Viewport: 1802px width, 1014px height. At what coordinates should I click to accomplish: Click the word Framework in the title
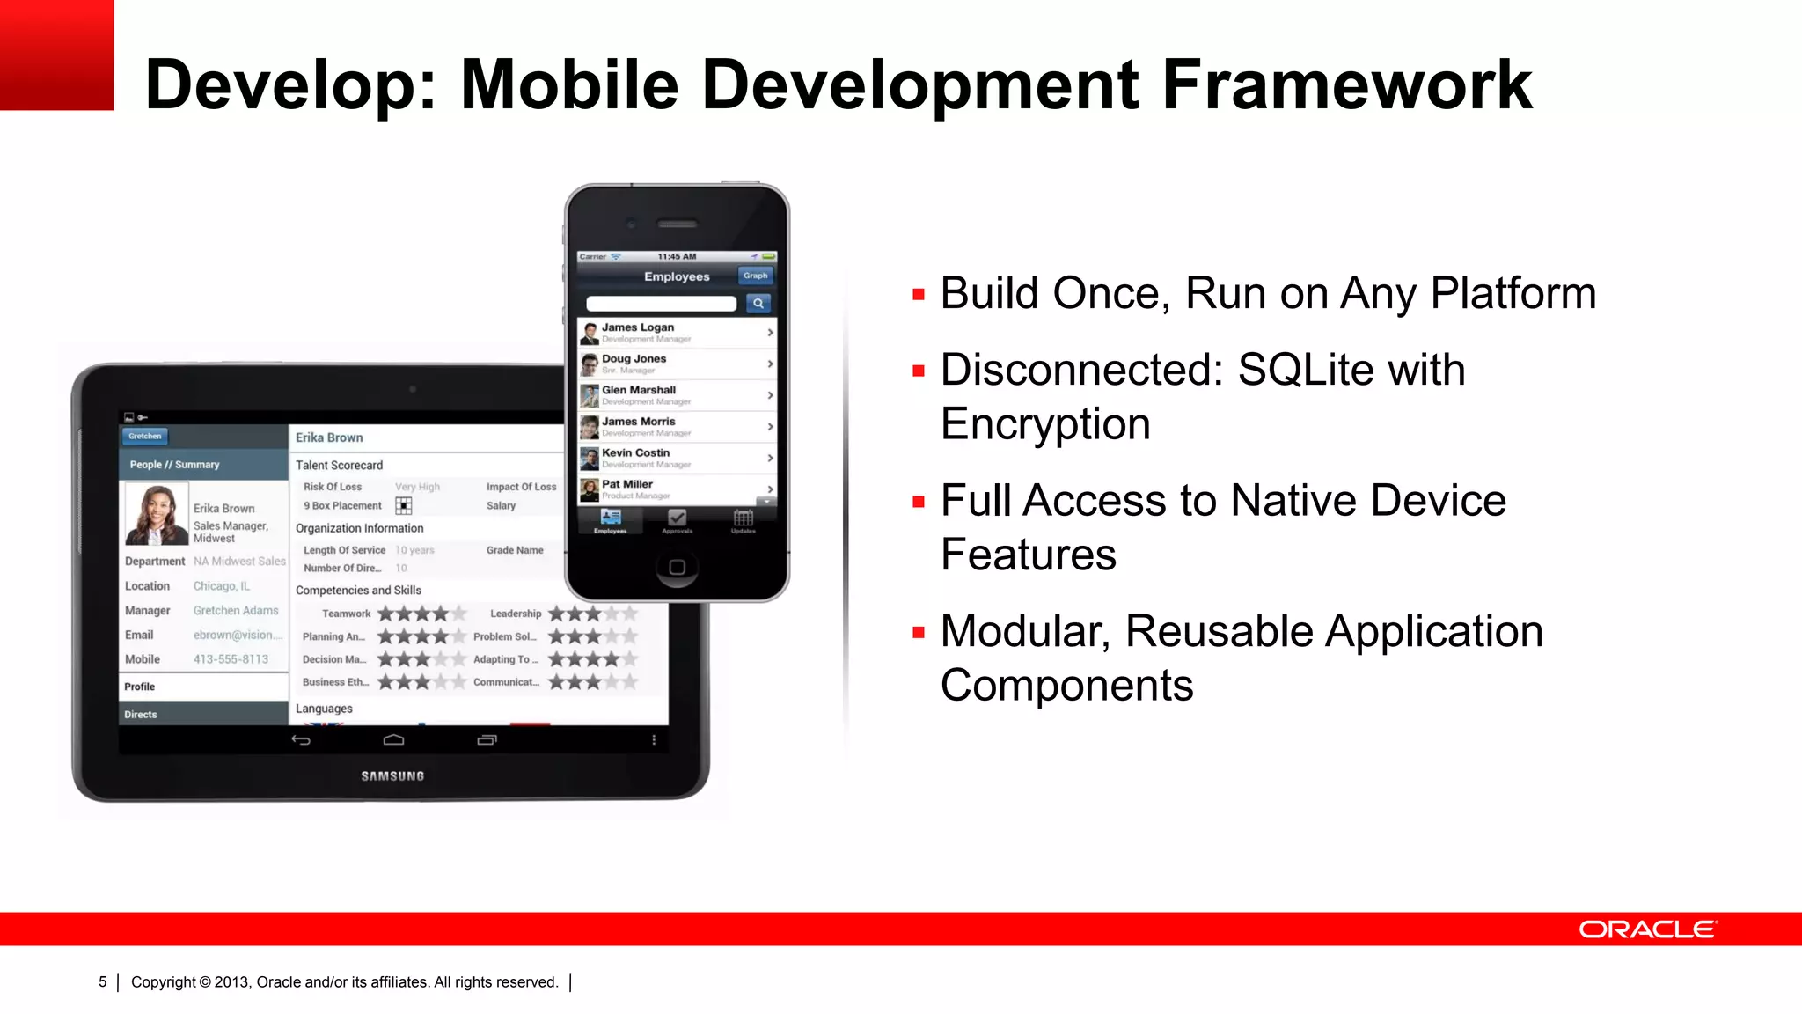click(x=1346, y=85)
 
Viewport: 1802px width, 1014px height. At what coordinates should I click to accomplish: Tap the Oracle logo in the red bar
click(x=1647, y=929)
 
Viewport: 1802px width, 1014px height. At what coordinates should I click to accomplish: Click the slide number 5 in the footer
click(x=103, y=981)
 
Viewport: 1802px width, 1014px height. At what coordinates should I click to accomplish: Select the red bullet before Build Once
click(x=919, y=295)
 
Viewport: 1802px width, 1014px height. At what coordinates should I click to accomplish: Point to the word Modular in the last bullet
click(x=1024, y=631)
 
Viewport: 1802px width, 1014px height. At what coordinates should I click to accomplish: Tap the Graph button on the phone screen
click(x=755, y=276)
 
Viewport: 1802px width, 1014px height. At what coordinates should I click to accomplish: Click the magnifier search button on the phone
click(x=758, y=304)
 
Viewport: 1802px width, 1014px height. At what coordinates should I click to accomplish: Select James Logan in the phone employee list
click(x=638, y=327)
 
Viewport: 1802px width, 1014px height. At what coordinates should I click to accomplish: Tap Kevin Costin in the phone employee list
click(x=635, y=453)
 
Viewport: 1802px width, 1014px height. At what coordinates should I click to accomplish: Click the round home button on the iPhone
click(x=677, y=567)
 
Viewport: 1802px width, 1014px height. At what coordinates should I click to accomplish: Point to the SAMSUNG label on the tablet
click(x=392, y=776)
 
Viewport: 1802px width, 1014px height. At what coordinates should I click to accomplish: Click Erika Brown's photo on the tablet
click(x=157, y=514)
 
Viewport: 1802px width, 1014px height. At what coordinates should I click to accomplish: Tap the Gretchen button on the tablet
click(x=145, y=436)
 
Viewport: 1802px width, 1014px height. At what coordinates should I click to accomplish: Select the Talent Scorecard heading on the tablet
click(x=339, y=466)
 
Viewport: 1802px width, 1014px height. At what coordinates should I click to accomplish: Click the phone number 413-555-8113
click(x=231, y=659)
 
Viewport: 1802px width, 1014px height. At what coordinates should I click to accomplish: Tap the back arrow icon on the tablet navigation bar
click(x=301, y=740)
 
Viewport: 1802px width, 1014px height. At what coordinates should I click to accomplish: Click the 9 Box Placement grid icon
click(x=404, y=506)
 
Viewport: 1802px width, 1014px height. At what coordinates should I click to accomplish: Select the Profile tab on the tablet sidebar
click(x=140, y=687)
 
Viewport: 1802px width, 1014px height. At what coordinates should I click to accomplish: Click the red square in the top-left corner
click(x=56, y=55)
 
